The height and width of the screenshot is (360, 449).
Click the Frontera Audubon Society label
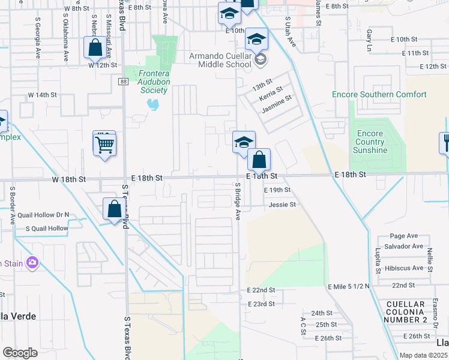[x=153, y=82]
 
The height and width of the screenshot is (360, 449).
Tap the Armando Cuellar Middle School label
[x=212, y=60]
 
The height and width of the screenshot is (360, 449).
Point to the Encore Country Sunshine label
[x=370, y=142]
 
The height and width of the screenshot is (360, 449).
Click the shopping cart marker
[x=104, y=144]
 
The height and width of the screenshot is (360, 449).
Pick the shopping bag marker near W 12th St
[x=95, y=48]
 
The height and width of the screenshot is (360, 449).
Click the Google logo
[x=20, y=352]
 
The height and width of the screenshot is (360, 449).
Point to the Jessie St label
[x=283, y=205]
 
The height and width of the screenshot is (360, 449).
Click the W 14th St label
[x=42, y=95]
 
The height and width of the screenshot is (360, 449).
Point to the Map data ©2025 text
[x=424, y=355]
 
